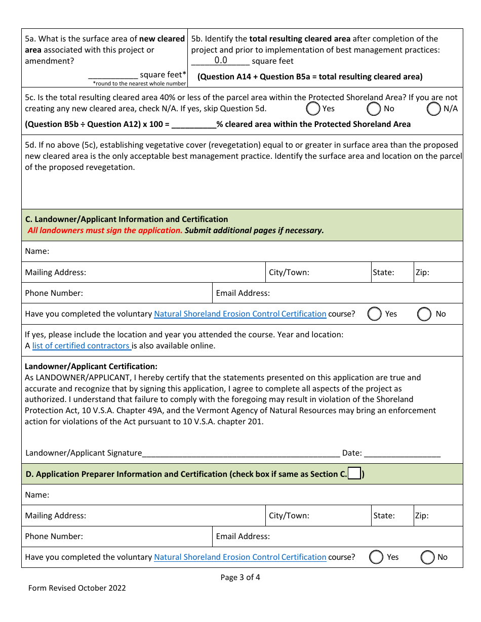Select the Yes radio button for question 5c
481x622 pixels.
(x=313, y=109)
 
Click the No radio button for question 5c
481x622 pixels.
(x=374, y=109)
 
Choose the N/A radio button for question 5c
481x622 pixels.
(x=434, y=109)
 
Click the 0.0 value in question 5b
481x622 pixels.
(x=221, y=61)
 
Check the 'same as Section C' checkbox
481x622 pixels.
(x=354, y=474)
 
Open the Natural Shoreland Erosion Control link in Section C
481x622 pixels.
(x=240, y=314)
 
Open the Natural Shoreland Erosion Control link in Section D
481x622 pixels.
(x=240, y=557)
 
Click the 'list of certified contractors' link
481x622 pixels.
(x=82, y=346)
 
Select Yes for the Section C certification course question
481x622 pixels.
(x=374, y=314)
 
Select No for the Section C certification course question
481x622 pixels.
(x=424, y=314)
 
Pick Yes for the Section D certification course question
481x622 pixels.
(x=376, y=557)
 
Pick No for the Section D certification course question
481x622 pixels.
(x=428, y=557)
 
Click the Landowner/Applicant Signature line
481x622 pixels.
(x=241, y=453)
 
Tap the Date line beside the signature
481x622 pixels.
(x=402, y=453)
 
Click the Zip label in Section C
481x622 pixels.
(x=422, y=273)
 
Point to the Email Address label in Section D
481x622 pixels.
(x=243, y=537)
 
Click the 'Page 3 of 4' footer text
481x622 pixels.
(x=240, y=577)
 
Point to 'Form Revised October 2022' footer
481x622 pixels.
(x=77, y=588)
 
